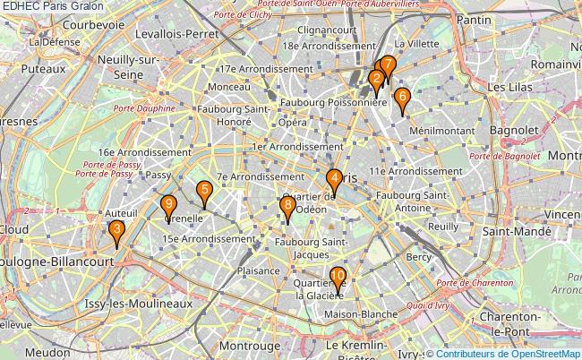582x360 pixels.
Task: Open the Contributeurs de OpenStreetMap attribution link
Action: [x=510, y=354]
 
